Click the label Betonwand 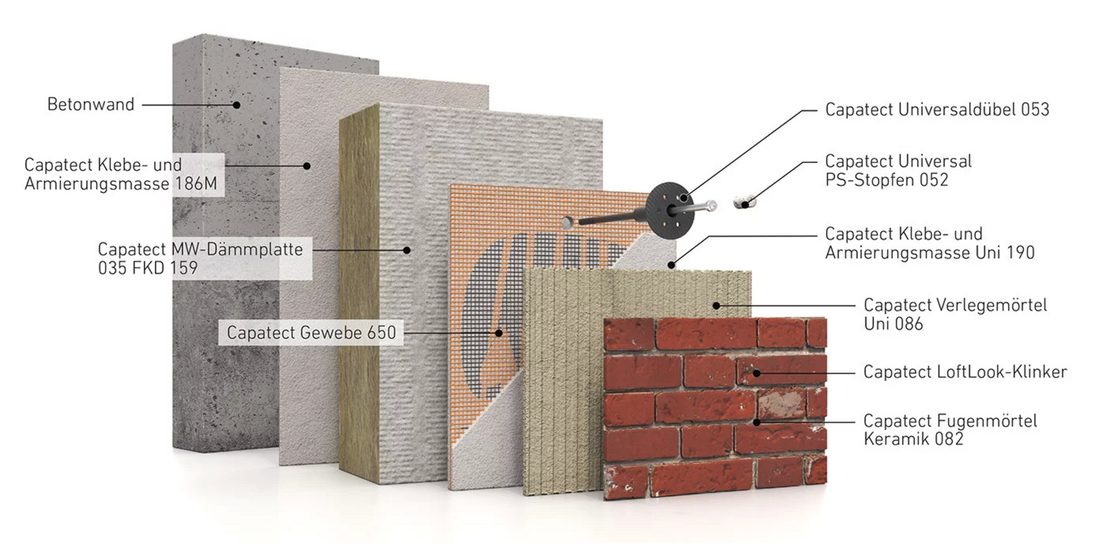click(x=91, y=104)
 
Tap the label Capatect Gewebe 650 click(x=311, y=332)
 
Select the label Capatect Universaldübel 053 click(x=937, y=109)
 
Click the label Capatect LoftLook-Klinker click(x=965, y=372)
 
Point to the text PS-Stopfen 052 click(x=886, y=180)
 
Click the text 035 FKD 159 click(x=148, y=268)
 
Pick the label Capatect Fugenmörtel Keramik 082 click(x=950, y=430)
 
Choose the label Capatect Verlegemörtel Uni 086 click(x=955, y=314)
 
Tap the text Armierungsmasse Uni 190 click(x=929, y=252)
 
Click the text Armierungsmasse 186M click(x=121, y=184)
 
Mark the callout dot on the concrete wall click(x=236, y=105)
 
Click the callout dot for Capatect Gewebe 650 click(x=499, y=332)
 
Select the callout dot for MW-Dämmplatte click(x=406, y=250)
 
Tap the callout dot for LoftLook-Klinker click(x=756, y=373)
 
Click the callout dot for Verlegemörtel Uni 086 click(x=716, y=305)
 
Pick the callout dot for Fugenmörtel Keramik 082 click(x=756, y=422)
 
